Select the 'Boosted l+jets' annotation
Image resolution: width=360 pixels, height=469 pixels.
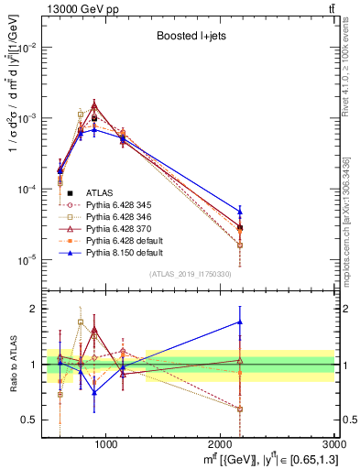[190, 38]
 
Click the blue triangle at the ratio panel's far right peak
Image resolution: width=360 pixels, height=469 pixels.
[240, 322]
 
